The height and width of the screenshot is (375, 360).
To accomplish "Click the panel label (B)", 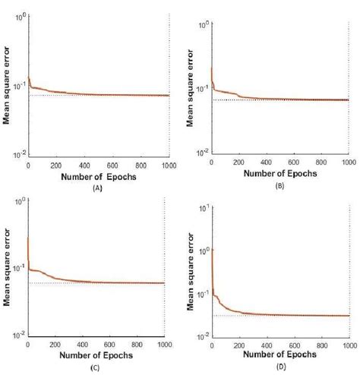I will (x=279, y=184).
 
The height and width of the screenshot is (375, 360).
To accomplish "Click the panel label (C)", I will (x=96, y=367).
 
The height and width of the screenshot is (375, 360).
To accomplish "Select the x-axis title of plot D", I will (x=279, y=356).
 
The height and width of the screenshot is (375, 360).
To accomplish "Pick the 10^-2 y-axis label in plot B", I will (x=200, y=153).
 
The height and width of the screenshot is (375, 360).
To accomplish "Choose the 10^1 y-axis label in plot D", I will (x=200, y=207).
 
